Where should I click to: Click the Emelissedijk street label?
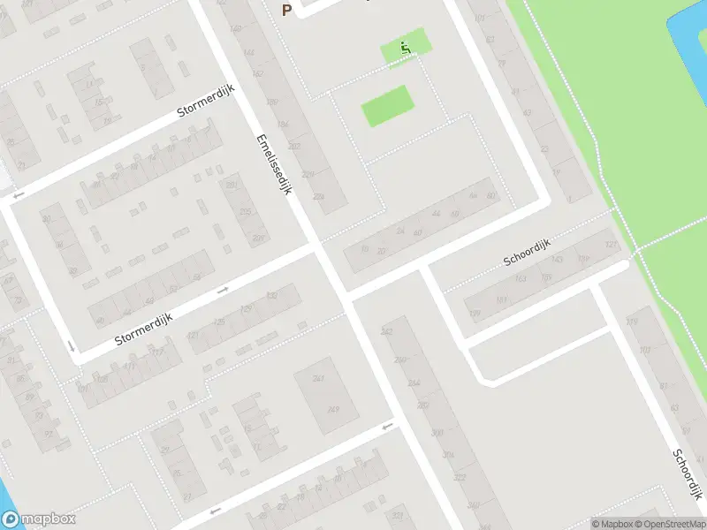pos(273,164)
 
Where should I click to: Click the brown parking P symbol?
pos(285,10)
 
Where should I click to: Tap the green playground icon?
pos(406,48)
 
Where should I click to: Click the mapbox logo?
pos(38,520)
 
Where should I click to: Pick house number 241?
pos(318,378)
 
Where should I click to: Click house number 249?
pos(333,408)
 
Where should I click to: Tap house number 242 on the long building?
pos(386,331)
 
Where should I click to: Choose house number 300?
pos(437,433)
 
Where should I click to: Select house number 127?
pos(611,245)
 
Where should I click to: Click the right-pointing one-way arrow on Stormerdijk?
pos(223,289)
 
